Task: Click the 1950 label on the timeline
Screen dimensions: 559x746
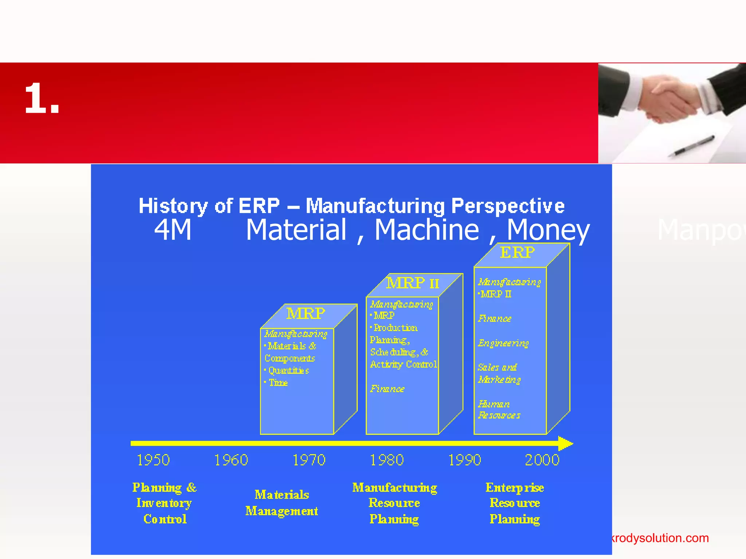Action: [153, 460]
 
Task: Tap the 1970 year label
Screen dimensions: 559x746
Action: [309, 460]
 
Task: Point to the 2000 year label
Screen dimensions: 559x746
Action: [542, 460]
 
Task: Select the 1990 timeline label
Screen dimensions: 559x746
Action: [464, 460]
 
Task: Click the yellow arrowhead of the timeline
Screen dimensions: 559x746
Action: [565, 443]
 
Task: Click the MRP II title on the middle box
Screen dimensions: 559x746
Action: [413, 283]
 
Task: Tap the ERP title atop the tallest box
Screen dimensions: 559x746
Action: [517, 252]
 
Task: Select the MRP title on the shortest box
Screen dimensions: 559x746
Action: [306, 313]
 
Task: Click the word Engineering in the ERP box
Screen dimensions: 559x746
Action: [503, 343]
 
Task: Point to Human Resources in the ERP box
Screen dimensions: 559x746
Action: [499, 410]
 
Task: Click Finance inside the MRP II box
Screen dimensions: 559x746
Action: [387, 389]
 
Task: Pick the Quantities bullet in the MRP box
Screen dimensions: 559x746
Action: [288, 371]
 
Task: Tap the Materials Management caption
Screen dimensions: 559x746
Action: [282, 503]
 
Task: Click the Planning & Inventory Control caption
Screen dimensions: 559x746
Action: [165, 503]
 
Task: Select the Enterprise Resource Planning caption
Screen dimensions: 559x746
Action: [515, 503]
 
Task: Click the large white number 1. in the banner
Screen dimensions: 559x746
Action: [42, 98]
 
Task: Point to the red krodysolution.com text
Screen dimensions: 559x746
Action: [660, 538]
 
